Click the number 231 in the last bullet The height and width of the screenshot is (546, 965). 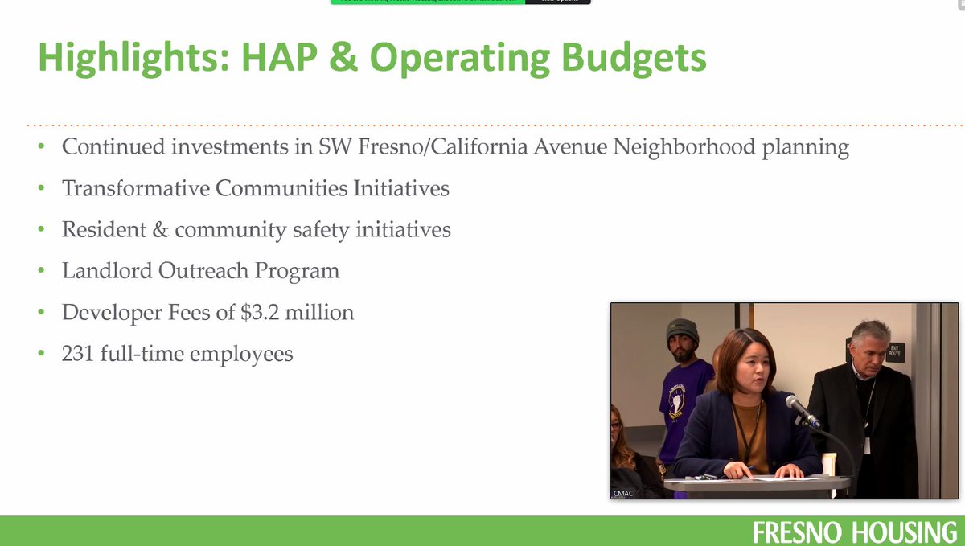(x=78, y=353)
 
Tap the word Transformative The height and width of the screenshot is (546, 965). (x=133, y=188)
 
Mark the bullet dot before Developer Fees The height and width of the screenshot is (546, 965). (x=41, y=313)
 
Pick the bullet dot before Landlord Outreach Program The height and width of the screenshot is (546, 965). (x=41, y=272)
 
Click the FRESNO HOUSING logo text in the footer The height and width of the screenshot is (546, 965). (x=855, y=532)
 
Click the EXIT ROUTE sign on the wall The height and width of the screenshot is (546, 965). (x=895, y=350)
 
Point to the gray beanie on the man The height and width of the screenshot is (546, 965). (x=682, y=330)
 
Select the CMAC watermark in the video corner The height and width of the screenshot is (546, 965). (x=624, y=492)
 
